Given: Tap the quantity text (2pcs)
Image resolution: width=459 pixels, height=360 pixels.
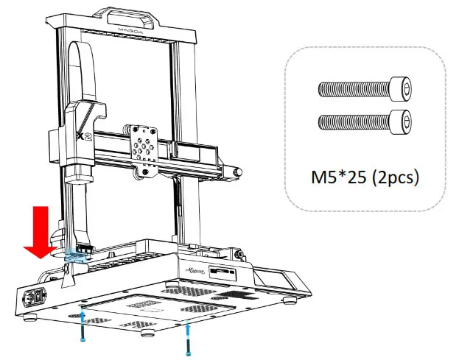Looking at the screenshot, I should point(395,178).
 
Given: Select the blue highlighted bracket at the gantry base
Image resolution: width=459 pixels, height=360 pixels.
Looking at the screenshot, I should point(75,256).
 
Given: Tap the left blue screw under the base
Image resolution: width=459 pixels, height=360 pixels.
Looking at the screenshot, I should point(83,325).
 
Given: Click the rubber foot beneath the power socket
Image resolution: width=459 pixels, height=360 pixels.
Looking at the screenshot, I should point(32,319).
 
